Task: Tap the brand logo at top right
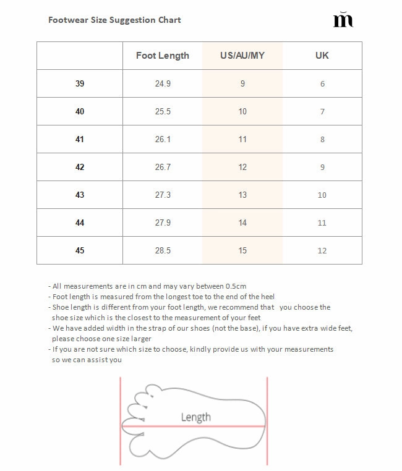point(343,20)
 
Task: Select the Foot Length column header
point(163,56)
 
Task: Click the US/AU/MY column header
point(242,56)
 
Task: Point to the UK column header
point(322,56)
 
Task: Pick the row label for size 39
point(80,83)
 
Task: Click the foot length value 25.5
point(163,111)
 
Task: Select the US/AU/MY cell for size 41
point(242,139)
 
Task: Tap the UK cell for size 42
point(322,167)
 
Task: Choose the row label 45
point(80,250)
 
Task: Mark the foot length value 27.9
point(163,223)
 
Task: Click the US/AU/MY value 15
point(242,250)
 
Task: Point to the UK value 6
point(322,83)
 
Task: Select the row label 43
point(80,195)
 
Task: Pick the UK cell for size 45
point(322,250)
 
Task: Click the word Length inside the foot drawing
point(195,417)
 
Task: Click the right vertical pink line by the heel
point(267,420)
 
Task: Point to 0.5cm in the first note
point(236,286)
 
